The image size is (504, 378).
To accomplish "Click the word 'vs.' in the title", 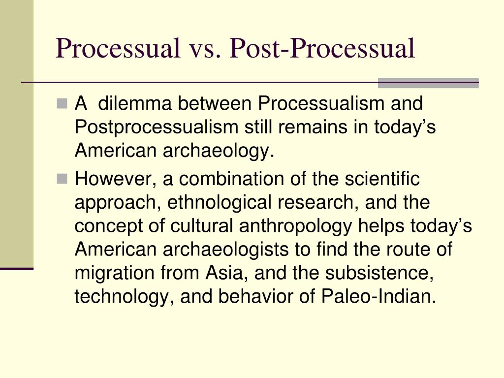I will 201,49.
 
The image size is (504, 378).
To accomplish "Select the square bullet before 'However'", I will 62,180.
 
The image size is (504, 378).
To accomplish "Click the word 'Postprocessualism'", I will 157,128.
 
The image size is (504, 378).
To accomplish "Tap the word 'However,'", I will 116,179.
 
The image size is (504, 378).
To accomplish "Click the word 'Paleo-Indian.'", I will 379,297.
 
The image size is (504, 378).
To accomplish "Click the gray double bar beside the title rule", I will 428,83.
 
